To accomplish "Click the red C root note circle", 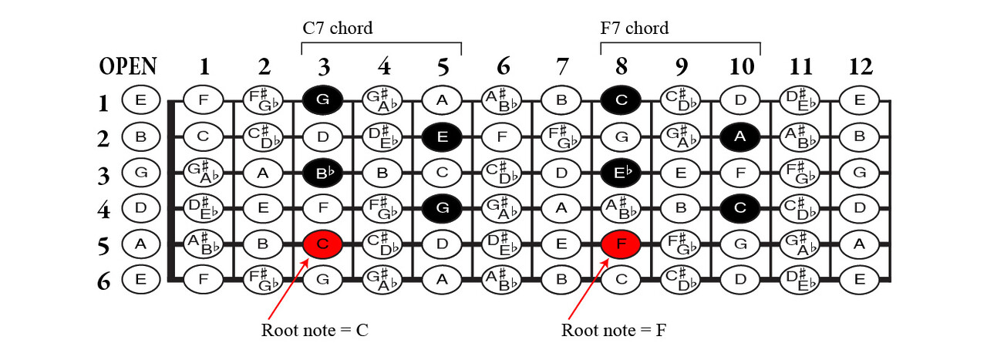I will [x=323, y=244].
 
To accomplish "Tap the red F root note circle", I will [x=622, y=244].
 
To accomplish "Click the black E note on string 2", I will [x=442, y=136].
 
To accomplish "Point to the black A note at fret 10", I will [x=740, y=136].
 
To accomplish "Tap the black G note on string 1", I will [x=323, y=99].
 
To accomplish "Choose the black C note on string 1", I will [x=622, y=99].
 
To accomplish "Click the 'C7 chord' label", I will [x=337, y=29].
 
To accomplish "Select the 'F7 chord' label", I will [x=635, y=29].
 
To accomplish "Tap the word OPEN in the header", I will [x=128, y=66].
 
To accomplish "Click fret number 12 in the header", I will [x=860, y=66].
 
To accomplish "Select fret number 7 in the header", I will [x=561, y=66].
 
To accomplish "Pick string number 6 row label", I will [x=103, y=281].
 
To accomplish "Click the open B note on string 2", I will [x=141, y=136].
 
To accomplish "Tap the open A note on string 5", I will [x=141, y=244].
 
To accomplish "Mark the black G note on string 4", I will [x=442, y=207].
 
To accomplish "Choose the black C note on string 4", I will [x=740, y=207].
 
